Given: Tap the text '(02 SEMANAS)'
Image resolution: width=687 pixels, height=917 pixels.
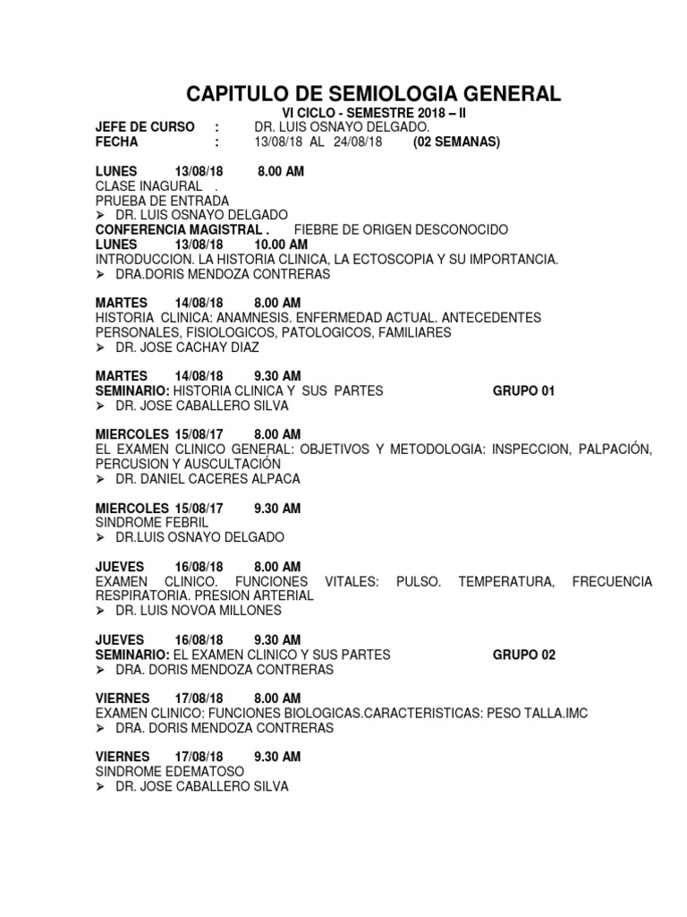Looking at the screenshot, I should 456,142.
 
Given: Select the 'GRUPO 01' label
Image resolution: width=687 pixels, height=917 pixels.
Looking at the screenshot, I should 524,391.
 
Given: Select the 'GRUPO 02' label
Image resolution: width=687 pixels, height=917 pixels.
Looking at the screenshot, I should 524,655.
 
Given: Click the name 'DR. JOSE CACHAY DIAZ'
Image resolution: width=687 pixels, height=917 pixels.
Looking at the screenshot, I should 185,347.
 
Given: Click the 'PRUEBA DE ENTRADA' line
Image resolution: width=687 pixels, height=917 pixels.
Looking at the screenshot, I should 162,201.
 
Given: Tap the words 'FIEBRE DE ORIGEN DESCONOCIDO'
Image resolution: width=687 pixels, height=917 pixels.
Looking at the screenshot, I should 401,230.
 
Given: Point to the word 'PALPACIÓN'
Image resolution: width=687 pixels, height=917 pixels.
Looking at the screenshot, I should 613,450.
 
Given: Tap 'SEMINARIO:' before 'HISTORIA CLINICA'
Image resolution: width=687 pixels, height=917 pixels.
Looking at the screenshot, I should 132,391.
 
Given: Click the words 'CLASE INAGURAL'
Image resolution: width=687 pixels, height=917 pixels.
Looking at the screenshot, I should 148,185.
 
